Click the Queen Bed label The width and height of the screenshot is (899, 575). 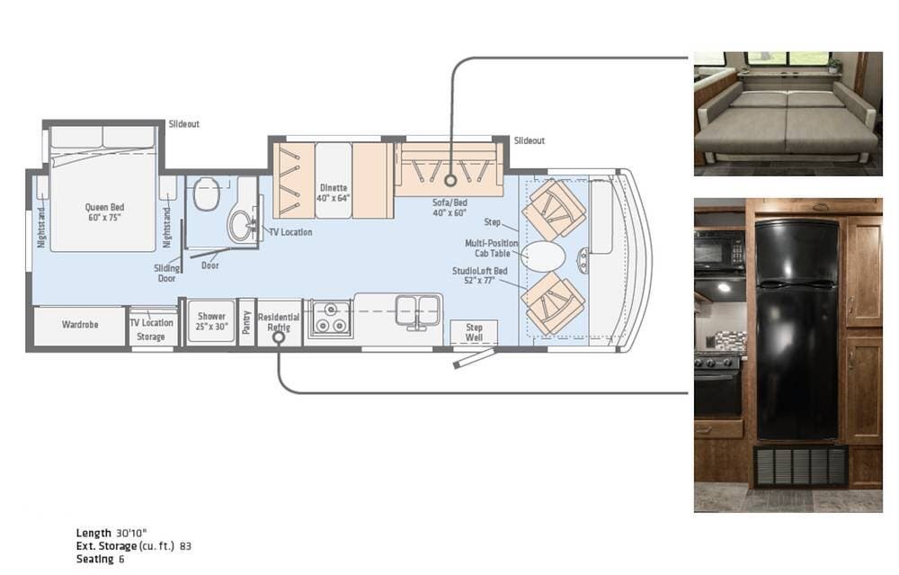coord(103,212)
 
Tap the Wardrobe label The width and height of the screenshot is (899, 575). coord(80,324)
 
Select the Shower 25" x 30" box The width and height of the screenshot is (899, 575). coord(211,322)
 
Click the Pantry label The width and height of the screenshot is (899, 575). coord(246,322)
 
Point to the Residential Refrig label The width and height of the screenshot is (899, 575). coord(279,322)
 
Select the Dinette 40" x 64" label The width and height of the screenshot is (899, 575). coord(334,193)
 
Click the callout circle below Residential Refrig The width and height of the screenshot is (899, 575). coord(279,339)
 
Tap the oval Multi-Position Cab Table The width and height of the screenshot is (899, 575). coord(545,256)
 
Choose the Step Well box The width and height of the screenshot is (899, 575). coord(474,332)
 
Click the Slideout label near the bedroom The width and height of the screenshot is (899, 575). coord(184,123)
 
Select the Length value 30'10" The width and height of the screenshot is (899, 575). coord(134,533)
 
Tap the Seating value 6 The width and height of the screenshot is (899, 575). coord(120,559)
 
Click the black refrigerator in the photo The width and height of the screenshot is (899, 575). coord(796,328)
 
